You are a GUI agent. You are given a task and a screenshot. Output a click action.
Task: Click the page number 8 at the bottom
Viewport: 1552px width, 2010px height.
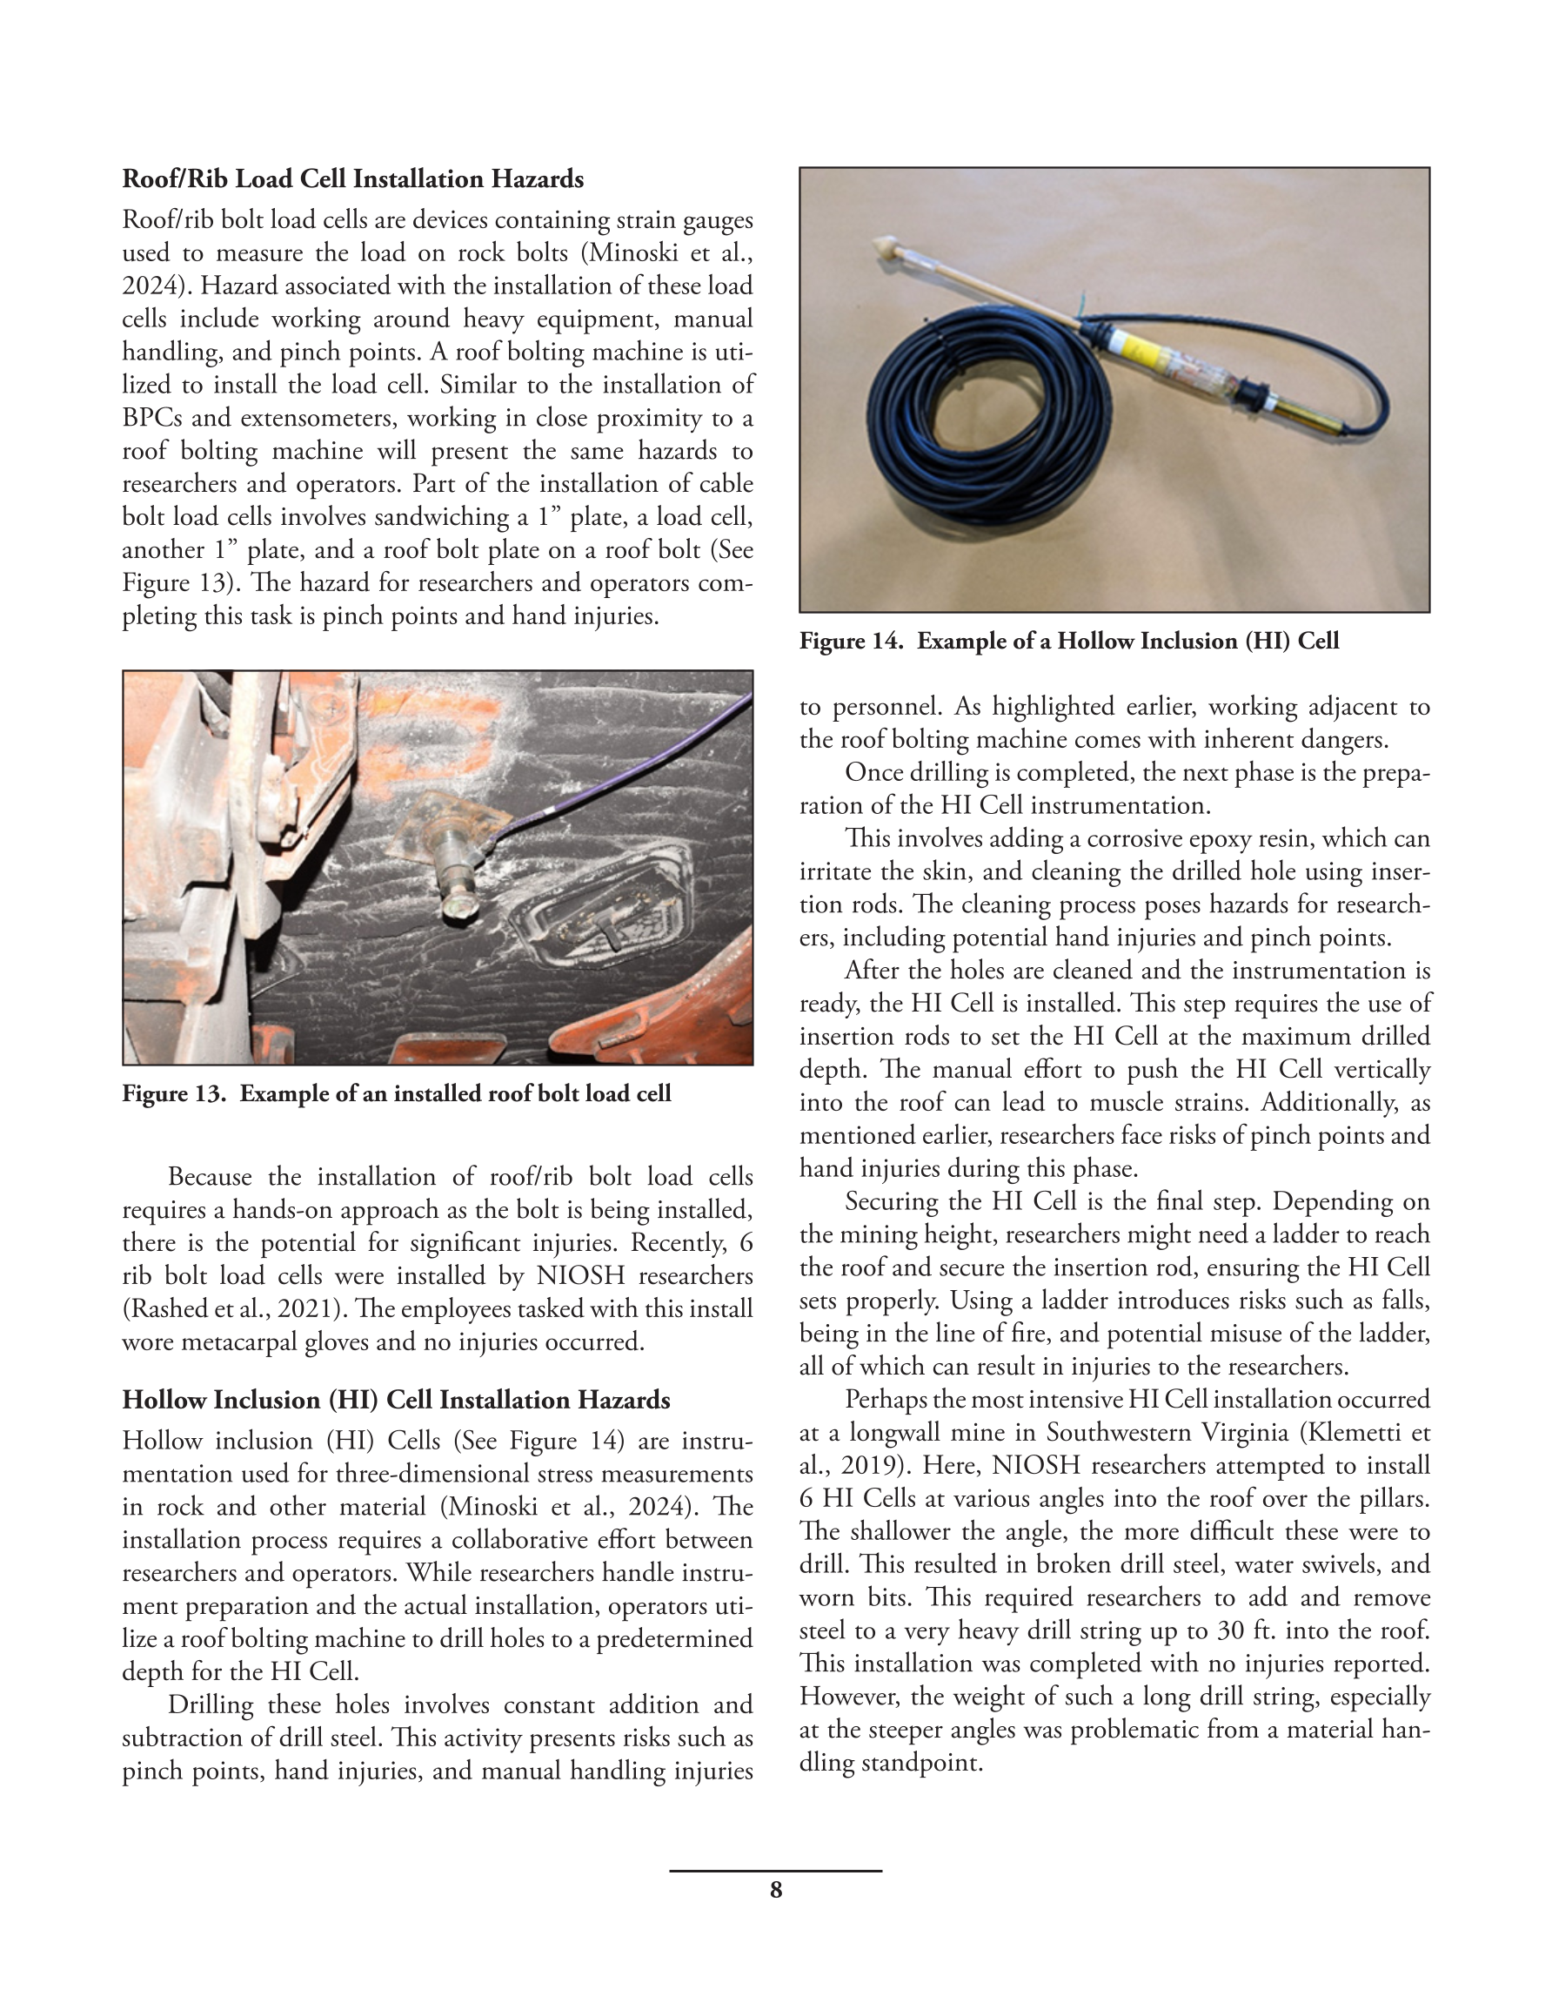click(775, 1891)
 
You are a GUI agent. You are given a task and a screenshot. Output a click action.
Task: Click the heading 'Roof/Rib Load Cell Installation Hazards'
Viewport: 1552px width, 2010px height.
click(352, 178)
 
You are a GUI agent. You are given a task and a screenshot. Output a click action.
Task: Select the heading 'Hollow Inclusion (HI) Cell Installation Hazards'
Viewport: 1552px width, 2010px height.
click(396, 1400)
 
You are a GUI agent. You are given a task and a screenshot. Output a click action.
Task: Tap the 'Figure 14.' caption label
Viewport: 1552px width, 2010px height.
click(850, 641)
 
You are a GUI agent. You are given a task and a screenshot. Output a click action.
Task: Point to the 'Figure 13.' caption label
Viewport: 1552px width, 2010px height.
click(173, 1093)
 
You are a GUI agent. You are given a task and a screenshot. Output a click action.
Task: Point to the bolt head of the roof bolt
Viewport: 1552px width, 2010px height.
click(455, 907)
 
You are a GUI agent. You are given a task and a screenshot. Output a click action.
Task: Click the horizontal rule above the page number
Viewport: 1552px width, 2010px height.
click(775, 1871)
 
